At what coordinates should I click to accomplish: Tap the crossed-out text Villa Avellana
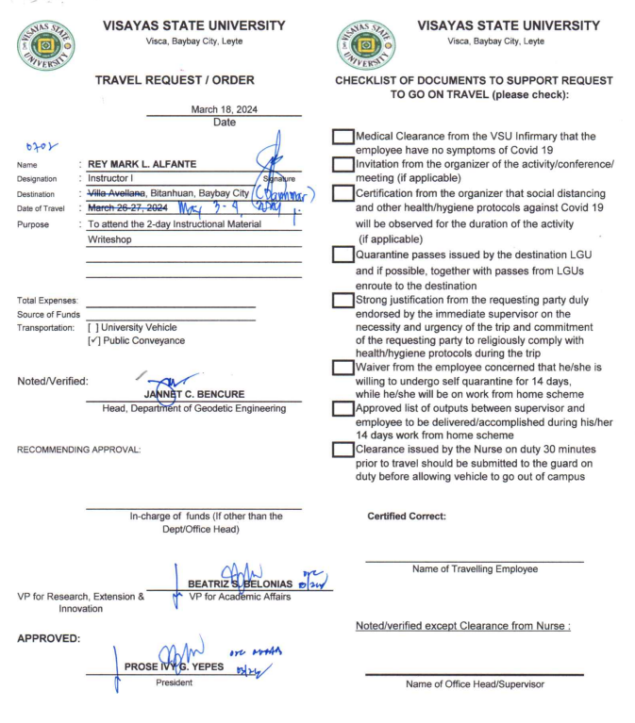coord(121,192)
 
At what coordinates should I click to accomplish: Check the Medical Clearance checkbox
coord(343,137)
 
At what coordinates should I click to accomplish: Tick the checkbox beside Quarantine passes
coord(343,255)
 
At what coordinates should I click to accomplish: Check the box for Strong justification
coord(343,301)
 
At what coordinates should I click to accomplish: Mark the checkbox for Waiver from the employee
coord(343,366)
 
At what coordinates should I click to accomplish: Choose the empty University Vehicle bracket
coord(92,327)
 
